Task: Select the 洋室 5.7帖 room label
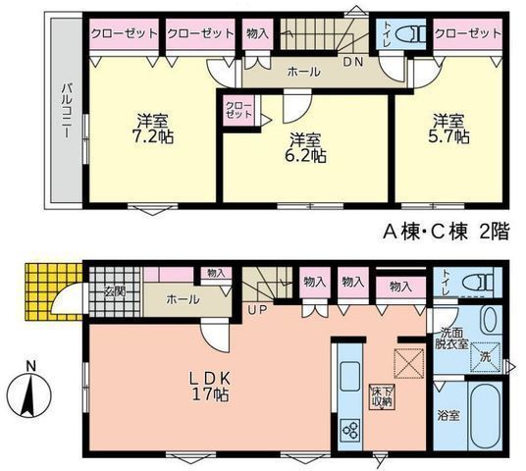(x=450, y=131)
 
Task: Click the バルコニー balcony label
(x=64, y=112)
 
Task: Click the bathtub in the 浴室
(x=484, y=416)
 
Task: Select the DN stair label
(x=350, y=62)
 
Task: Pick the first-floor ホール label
(x=183, y=298)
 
